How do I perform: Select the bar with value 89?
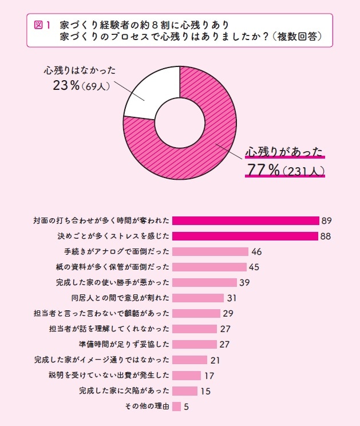click(x=245, y=220)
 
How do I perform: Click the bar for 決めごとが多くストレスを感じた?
click(x=244, y=236)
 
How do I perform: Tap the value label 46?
click(x=256, y=251)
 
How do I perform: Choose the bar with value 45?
click(x=209, y=267)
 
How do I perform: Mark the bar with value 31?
click(x=197, y=298)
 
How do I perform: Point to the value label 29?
click(x=228, y=313)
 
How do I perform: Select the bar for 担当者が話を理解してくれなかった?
click(x=194, y=329)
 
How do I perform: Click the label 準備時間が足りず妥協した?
click(x=124, y=344)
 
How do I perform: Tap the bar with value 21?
click(x=189, y=360)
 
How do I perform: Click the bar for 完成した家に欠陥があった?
click(x=184, y=391)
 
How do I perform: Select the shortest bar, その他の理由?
click(x=176, y=407)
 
